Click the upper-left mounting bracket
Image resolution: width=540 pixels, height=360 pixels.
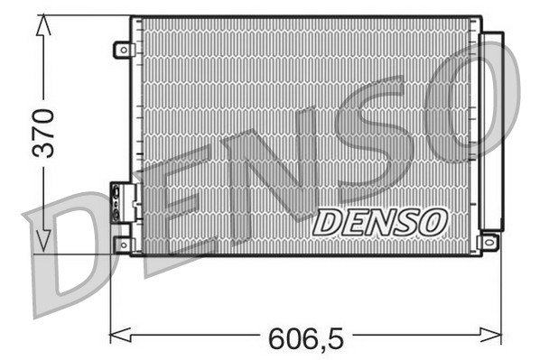(x=123, y=51)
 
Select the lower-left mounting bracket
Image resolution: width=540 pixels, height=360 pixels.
(x=123, y=244)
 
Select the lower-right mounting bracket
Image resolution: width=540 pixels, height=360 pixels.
(x=489, y=242)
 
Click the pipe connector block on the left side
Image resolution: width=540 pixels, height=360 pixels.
(x=121, y=202)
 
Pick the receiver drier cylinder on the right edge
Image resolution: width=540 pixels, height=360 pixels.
(x=491, y=131)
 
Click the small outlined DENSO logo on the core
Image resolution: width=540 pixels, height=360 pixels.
(x=379, y=221)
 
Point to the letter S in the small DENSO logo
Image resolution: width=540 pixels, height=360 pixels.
(x=404, y=221)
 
